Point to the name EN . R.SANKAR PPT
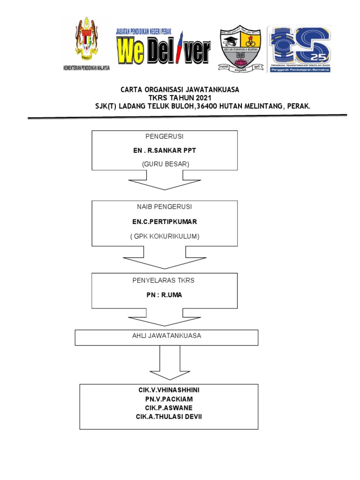coord(164,151)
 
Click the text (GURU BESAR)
coord(164,164)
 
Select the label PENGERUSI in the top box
coord(164,136)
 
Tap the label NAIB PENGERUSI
coord(165,206)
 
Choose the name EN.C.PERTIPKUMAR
coord(165,221)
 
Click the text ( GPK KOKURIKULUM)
coord(165,236)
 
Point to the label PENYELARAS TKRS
coord(165,280)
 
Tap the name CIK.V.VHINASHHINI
coord(169,390)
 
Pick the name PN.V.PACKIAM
coord(169,399)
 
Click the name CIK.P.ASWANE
coord(169,408)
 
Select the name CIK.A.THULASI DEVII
coord(169,417)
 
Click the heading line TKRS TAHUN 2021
coord(180,97)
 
